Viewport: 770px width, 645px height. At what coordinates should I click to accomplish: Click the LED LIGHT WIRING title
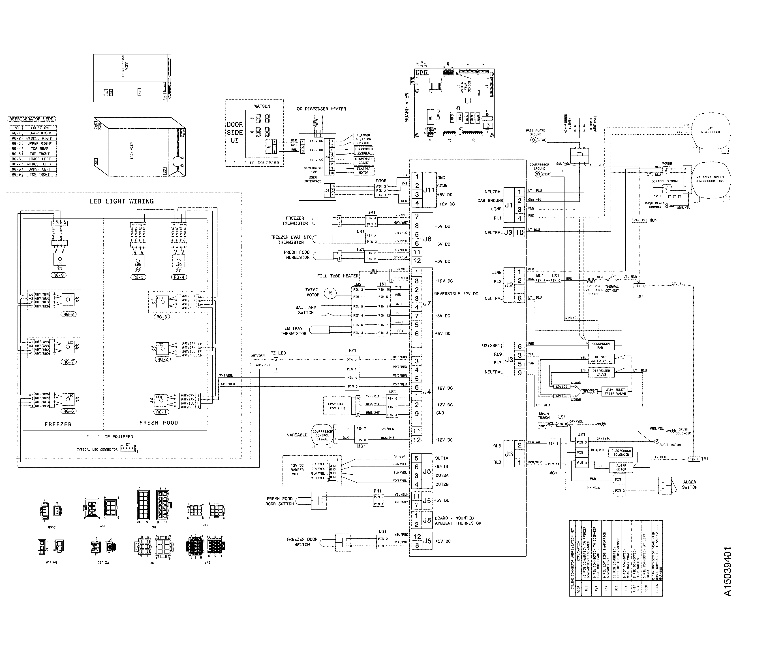coord(121,201)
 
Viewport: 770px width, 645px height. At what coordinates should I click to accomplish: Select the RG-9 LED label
coord(59,275)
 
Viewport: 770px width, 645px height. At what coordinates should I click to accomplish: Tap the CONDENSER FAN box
coord(601,345)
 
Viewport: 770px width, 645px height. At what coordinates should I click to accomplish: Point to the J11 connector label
coord(429,190)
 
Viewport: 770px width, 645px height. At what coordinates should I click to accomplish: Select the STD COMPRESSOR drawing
coord(710,131)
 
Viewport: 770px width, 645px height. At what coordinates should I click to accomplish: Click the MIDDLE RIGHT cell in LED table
coord(39,138)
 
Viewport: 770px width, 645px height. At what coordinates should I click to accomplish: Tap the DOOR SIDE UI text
coord(235,133)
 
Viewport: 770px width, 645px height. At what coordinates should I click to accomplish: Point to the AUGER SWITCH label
coord(689,485)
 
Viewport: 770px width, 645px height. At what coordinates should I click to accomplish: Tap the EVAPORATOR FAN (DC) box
coord(337,406)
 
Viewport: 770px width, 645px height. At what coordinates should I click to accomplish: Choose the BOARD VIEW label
coord(407,107)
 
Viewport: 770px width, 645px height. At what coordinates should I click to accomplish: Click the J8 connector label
coord(427,520)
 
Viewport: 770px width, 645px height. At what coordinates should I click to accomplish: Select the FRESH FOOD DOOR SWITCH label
coord(279,501)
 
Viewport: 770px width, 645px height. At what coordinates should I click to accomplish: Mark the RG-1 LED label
coord(161,412)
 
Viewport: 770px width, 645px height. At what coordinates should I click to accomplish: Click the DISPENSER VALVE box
coord(601,373)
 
